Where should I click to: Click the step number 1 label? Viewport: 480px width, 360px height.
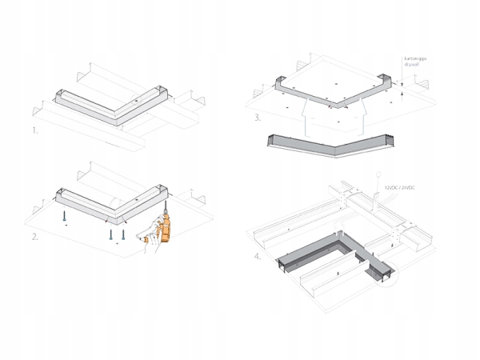35,129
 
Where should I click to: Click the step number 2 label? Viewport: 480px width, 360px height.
35,237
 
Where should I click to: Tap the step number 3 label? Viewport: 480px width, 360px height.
257,118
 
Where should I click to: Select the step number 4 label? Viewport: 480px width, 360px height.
257,257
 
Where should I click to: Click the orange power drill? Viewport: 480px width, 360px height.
165,231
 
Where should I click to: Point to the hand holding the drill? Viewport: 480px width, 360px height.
146,238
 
